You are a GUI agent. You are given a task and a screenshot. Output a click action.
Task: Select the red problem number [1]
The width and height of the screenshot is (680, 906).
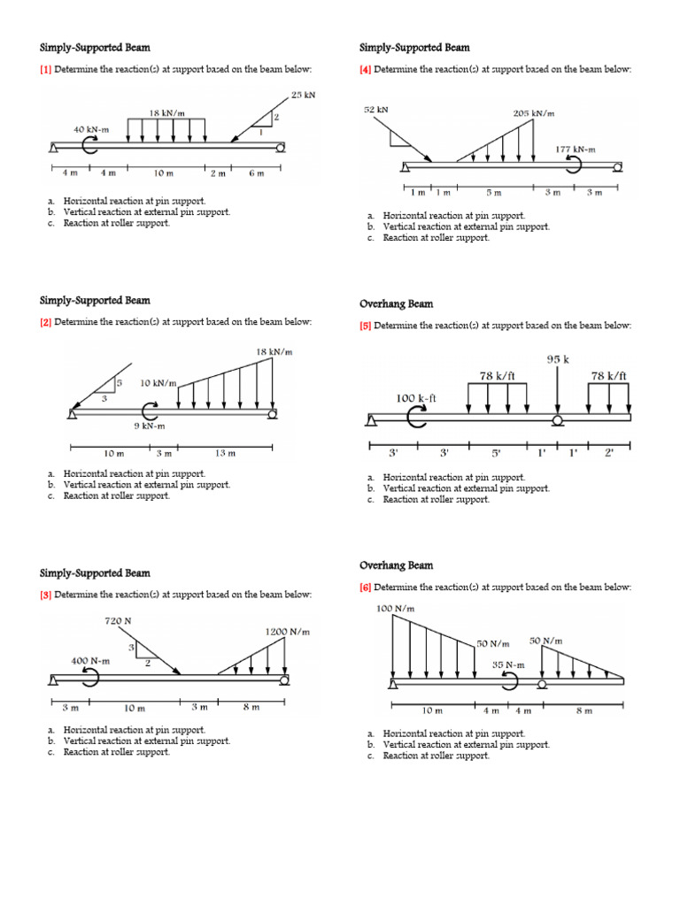[x=44, y=69]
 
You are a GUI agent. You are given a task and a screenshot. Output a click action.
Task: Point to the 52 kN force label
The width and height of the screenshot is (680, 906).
[x=376, y=110]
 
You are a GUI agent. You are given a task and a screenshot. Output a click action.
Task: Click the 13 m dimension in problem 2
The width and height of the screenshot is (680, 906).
[x=226, y=454]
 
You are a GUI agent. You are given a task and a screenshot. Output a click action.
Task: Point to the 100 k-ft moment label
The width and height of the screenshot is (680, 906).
[x=415, y=398]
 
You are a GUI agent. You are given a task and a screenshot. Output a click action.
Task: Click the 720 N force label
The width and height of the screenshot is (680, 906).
[x=118, y=621]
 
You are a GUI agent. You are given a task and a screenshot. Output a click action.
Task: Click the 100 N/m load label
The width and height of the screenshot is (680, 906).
[x=396, y=609]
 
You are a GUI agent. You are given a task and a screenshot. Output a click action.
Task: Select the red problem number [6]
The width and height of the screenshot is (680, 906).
[x=365, y=587]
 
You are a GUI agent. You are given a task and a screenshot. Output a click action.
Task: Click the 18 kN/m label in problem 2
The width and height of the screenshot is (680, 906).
[x=274, y=352]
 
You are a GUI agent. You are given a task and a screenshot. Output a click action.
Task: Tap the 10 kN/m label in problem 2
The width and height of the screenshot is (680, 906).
[x=158, y=383]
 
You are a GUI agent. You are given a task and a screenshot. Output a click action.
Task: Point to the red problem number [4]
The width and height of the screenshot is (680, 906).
[x=365, y=69]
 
